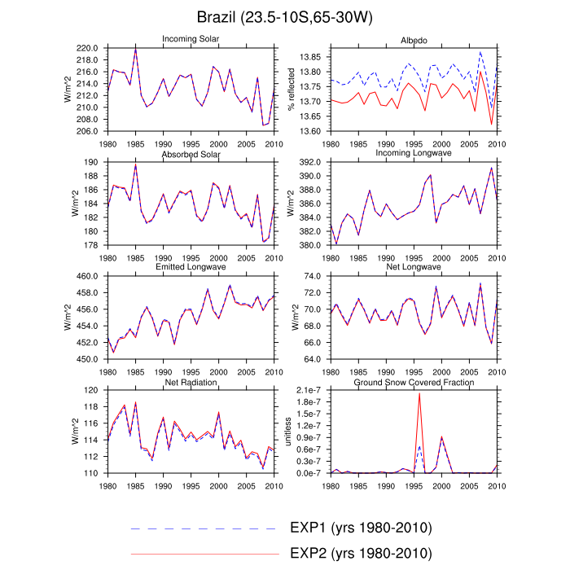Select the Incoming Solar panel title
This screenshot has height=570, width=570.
point(190,39)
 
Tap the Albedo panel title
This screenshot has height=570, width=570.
point(413,39)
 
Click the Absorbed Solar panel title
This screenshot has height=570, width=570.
point(190,154)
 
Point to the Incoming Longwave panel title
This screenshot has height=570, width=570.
point(413,154)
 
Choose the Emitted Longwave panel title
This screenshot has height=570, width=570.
point(190,268)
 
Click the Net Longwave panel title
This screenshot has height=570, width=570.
point(413,268)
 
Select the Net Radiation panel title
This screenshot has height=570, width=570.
point(190,382)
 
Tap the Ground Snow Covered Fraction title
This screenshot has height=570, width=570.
point(413,382)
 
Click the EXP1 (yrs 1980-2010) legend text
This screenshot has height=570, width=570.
point(360,527)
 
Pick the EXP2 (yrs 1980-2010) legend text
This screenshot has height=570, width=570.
point(360,553)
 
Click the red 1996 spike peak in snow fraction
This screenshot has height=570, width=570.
point(419,394)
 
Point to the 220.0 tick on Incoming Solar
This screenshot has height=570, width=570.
point(87,48)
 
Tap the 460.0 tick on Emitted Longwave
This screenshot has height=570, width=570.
point(87,276)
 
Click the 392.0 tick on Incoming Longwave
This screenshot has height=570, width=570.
point(310,162)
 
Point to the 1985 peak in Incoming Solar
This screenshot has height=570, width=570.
point(135,50)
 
